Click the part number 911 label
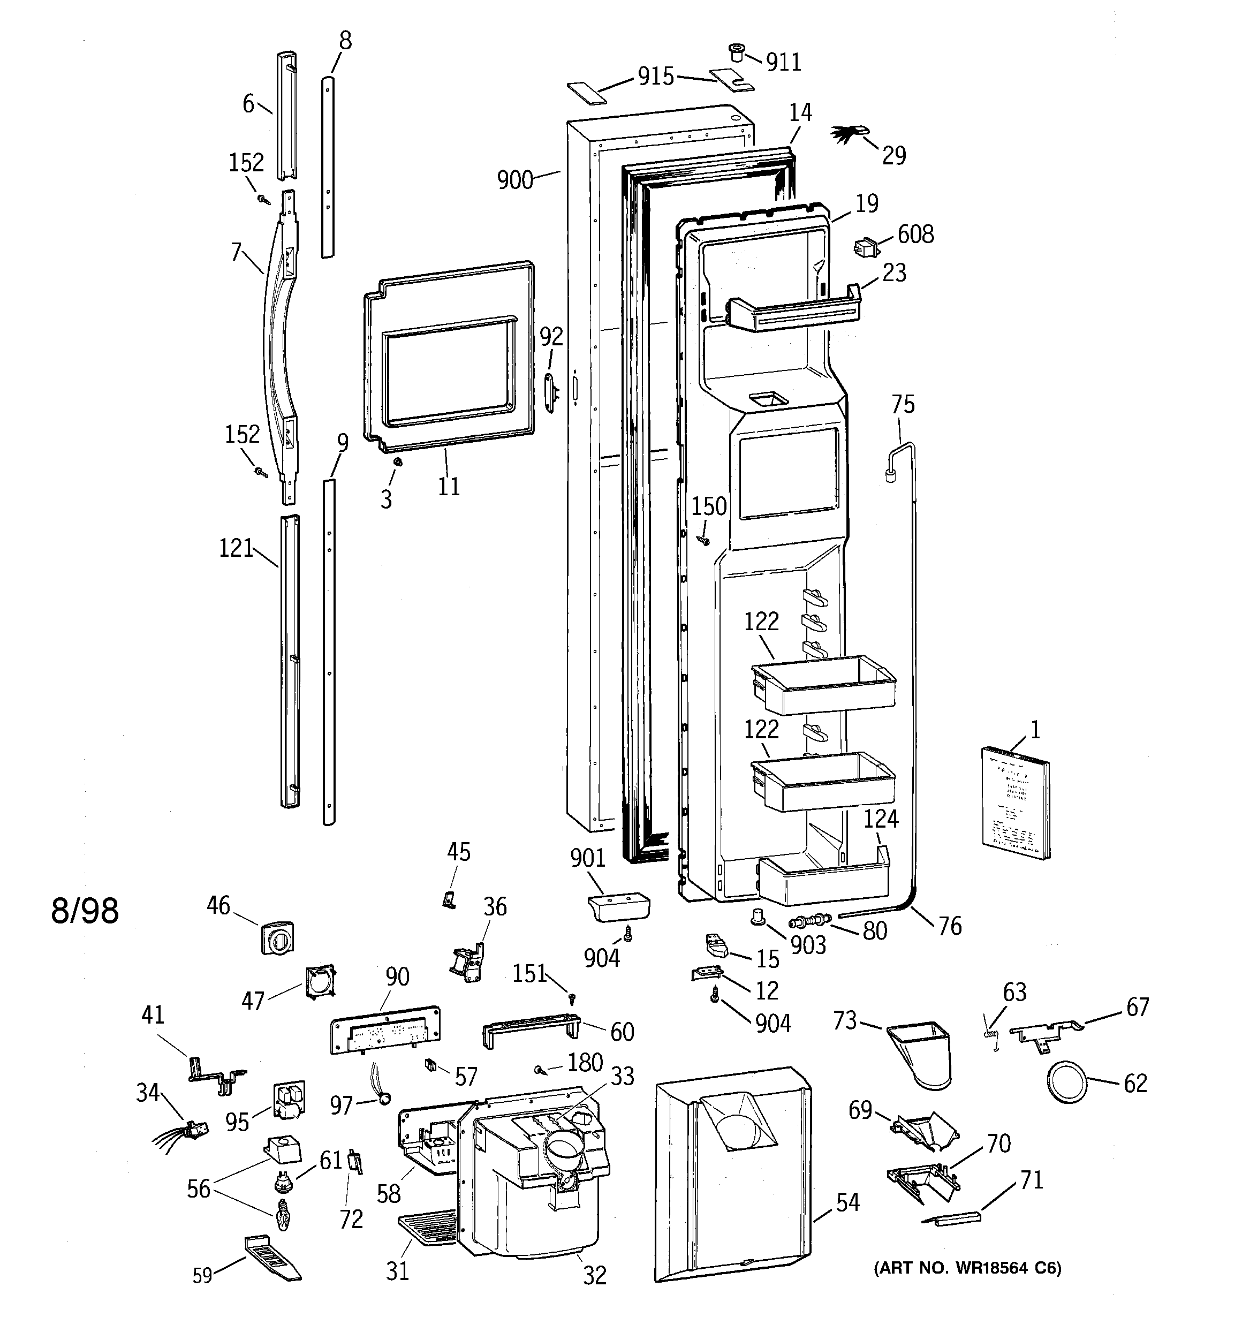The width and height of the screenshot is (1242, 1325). tap(783, 62)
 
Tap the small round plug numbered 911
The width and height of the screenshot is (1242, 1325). tap(736, 52)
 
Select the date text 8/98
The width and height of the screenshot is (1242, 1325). tap(85, 911)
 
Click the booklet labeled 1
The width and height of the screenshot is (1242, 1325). tap(1014, 802)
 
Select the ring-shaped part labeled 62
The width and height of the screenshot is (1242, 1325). tap(1065, 1082)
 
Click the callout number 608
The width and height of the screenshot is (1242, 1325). tap(915, 234)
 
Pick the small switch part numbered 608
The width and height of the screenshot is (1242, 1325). tap(865, 248)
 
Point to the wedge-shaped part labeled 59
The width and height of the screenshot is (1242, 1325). tap(271, 1256)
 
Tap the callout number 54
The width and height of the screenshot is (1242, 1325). tap(847, 1203)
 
